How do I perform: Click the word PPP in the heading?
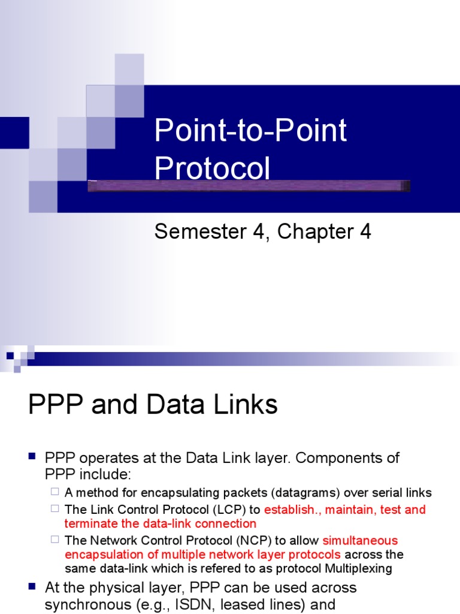[52, 405]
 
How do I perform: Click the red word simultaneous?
[360, 541]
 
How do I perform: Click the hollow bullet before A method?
[55, 492]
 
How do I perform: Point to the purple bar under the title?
[249, 186]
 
